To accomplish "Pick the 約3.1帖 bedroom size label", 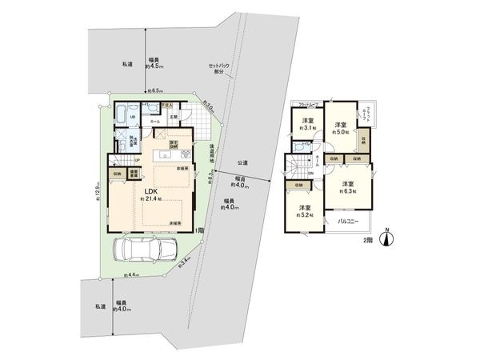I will pos(306,128).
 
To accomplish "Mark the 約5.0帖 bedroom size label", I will pos(340,133).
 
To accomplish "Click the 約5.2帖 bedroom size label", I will pos(305,215).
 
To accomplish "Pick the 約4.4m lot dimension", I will pos(130,274).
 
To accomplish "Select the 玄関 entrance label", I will pos(173,118).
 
